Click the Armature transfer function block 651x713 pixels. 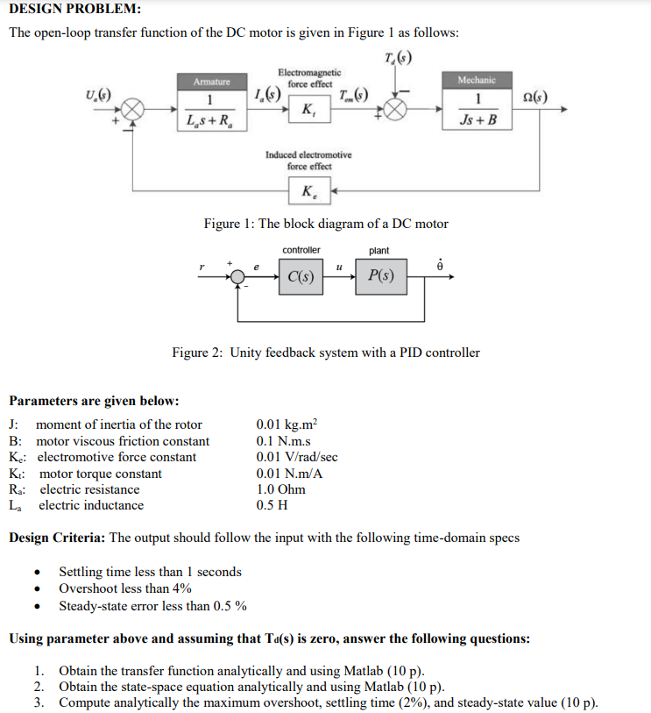(211, 111)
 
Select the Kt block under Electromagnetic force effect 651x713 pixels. (308, 111)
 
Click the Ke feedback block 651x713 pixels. (309, 189)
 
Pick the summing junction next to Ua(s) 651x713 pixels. (133, 111)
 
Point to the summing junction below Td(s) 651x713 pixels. (397, 111)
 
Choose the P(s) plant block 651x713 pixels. (381, 277)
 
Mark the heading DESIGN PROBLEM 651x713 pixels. (74, 10)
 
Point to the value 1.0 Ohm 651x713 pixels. (280, 489)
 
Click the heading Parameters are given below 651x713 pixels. (94, 401)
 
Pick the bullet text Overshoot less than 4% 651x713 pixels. (125, 588)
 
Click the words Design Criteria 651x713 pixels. (56, 538)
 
